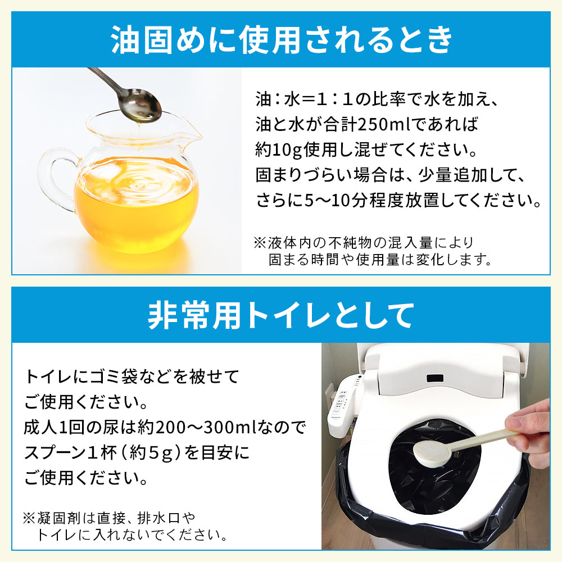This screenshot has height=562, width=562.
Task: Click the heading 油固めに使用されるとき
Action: pyautogui.click(x=281, y=39)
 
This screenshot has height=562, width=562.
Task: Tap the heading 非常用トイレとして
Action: pyautogui.click(x=281, y=315)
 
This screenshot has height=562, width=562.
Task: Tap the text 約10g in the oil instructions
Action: pyautogui.click(x=279, y=150)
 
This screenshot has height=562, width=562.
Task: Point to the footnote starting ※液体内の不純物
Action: pyautogui.click(x=373, y=251)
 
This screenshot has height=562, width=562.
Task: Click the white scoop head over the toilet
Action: pyautogui.click(x=431, y=454)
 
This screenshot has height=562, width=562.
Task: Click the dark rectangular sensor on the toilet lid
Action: pyautogui.click(x=435, y=378)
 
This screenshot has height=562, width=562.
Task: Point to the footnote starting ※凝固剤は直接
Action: pyautogui.click(x=125, y=526)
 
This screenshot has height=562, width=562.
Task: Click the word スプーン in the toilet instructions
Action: pyautogui.click(x=54, y=452)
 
